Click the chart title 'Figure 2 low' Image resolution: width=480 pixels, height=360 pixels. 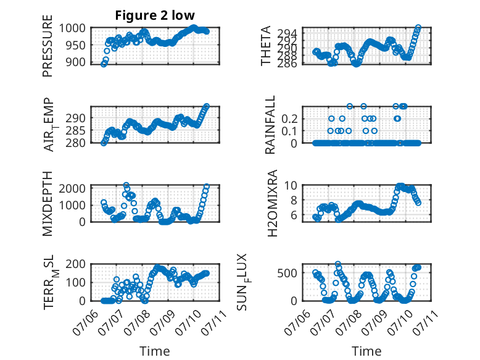(155, 15)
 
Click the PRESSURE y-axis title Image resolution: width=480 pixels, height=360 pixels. (48, 46)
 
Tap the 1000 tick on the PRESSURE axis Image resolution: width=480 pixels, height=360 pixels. (72, 28)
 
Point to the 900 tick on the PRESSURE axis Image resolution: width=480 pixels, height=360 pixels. (75, 62)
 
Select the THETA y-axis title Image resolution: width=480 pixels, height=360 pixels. (266, 46)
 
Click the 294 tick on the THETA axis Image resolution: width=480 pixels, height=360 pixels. (287, 33)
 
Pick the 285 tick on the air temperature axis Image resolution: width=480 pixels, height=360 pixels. (75, 130)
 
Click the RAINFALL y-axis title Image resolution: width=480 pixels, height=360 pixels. (270, 125)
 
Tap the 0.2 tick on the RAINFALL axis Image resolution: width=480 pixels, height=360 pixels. (289, 119)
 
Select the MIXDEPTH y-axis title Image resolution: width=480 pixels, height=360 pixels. (48, 203)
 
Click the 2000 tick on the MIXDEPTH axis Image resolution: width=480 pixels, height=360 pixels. (72, 188)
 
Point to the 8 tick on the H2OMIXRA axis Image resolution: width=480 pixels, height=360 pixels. (294, 200)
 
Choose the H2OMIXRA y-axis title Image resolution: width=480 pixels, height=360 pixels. (272, 203)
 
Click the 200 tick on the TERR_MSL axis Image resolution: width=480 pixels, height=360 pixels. (75, 264)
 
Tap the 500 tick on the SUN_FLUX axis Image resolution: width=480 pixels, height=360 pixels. (287, 273)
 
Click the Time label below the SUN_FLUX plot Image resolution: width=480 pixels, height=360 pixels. (366, 351)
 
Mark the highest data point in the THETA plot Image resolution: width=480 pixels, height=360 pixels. (418, 28)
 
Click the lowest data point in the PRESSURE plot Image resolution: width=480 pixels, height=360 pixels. (104, 64)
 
